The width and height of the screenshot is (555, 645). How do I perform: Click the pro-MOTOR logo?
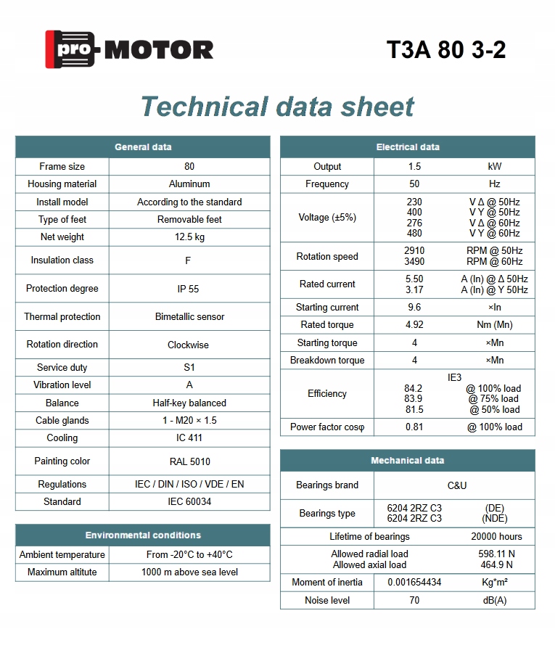(x=129, y=49)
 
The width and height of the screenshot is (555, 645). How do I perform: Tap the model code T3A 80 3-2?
(x=446, y=49)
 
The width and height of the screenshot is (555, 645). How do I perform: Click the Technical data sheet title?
(x=277, y=107)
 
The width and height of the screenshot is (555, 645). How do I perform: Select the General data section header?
(x=143, y=147)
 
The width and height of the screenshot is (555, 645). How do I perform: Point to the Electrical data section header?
(x=408, y=147)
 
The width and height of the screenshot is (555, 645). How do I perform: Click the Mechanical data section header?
(x=408, y=461)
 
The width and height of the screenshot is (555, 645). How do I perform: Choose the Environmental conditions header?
(x=143, y=535)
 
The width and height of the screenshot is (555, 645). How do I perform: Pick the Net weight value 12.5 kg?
(x=189, y=237)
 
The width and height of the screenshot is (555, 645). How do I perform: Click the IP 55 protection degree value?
(x=189, y=289)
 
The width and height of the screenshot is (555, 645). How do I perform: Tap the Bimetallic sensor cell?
(x=189, y=317)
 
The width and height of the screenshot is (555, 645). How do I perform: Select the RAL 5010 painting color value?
(x=189, y=461)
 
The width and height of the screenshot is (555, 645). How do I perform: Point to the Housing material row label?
(x=62, y=184)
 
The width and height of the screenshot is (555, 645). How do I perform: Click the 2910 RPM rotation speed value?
(x=414, y=251)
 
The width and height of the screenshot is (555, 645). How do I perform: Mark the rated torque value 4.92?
(x=414, y=325)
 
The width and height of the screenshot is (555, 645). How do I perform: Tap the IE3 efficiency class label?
(x=454, y=378)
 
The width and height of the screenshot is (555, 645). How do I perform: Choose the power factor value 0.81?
(x=414, y=427)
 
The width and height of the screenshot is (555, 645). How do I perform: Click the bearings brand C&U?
(x=457, y=485)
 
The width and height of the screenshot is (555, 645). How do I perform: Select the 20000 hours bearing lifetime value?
(x=496, y=537)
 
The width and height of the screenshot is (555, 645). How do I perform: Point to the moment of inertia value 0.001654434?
(x=414, y=583)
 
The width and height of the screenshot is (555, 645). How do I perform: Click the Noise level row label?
(x=327, y=601)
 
